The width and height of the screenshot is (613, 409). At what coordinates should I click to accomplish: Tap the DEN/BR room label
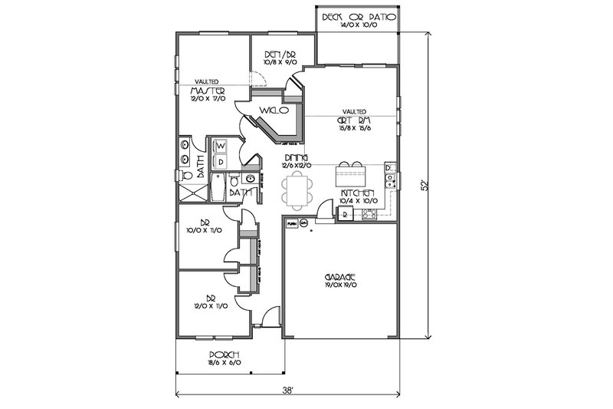tap(274, 54)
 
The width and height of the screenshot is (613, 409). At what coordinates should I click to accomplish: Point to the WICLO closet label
tap(273, 110)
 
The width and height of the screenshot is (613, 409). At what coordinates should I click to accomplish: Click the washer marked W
tap(219, 145)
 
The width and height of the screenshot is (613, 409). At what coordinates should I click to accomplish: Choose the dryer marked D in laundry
tap(219, 161)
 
